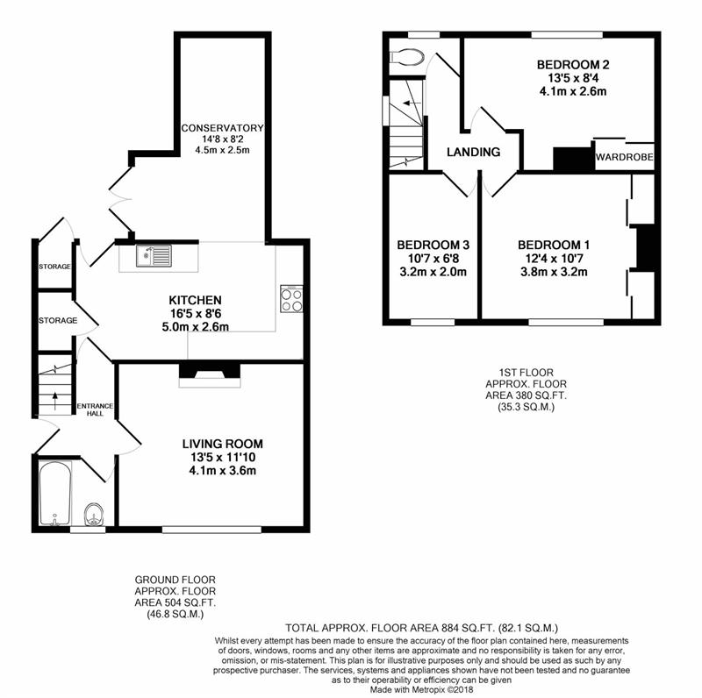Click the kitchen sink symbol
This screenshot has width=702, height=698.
tap(154, 256)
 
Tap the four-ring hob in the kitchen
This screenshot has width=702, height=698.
tap(291, 299)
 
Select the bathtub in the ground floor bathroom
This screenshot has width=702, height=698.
tap(54, 493)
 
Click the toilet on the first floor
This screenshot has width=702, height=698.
tap(407, 57)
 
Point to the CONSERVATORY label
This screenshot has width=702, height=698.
tap(223, 128)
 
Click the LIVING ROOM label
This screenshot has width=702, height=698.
tap(223, 444)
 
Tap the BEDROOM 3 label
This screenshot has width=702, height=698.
tap(433, 245)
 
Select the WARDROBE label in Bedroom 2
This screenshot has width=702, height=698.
tap(624, 157)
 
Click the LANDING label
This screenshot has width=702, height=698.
tap(473, 152)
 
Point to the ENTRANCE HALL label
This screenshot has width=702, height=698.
tap(95, 410)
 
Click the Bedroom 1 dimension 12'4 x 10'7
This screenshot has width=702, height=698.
tap(554, 258)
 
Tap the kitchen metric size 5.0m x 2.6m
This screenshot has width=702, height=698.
tap(195, 326)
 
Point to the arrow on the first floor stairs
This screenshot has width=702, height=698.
tap(412, 103)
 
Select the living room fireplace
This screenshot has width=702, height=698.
tap(210, 375)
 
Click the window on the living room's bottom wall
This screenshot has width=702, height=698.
tap(211, 530)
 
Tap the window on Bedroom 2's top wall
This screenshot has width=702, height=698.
tap(567, 35)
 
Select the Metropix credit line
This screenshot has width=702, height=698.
tap(421, 689)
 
